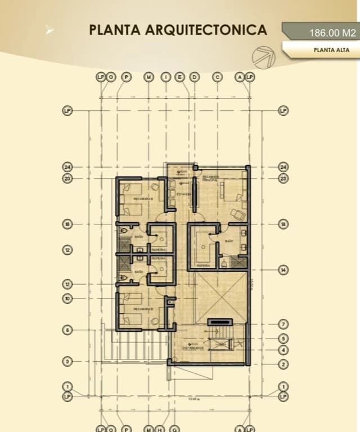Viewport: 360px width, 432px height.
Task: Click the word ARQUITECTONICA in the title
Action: point(206,30)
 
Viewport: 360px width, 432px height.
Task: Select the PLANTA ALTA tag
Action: point(332,49)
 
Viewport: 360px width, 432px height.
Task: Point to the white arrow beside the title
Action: point(50,31)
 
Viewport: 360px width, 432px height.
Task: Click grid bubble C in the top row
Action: point(218,76)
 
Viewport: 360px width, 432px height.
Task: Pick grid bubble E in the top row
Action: point(180,76)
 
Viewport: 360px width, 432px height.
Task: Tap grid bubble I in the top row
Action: point(166,76)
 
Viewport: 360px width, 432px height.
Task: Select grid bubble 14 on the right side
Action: point(283,270)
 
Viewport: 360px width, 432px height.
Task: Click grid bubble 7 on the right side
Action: point(283,324)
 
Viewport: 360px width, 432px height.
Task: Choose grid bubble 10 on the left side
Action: point(67,299)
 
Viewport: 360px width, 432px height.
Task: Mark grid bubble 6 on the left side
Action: point(67,330)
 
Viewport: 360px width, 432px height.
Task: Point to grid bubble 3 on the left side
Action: point(67,361)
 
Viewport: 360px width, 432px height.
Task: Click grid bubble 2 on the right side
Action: point(283,364)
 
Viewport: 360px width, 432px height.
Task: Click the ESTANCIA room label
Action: point(183,194)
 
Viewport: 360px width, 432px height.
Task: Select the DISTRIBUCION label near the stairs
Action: point(192,348)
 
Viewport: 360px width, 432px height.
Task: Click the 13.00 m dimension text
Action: point(193,399)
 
